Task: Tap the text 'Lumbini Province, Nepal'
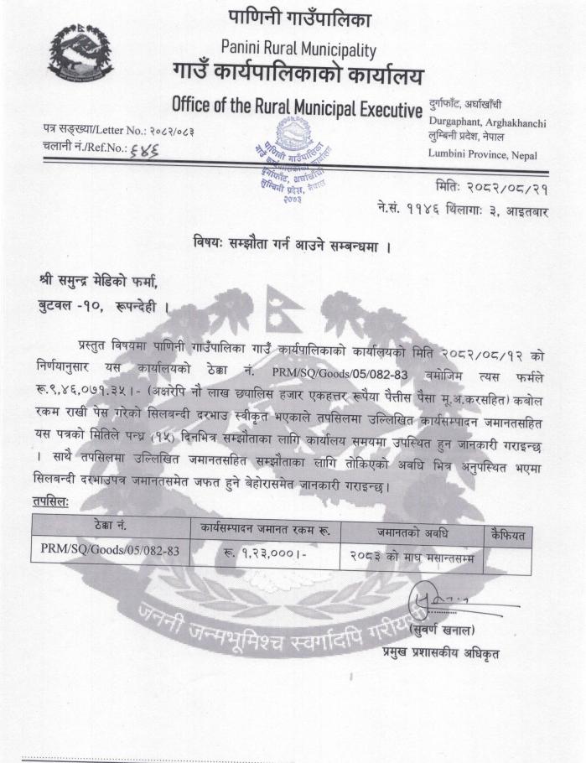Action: [482, 154]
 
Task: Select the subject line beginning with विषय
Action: [293, 247]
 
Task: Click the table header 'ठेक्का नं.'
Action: [111, 525]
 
